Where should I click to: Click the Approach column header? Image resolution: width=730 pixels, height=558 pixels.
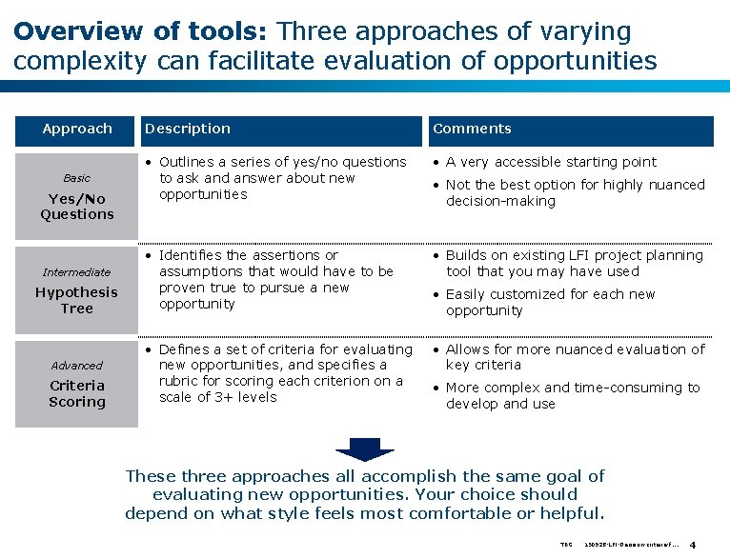click(x=77, y=129)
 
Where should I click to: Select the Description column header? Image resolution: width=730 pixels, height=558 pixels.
click(x=188, y=129)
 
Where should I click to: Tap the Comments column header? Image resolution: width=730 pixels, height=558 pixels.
click(x=472, y=129)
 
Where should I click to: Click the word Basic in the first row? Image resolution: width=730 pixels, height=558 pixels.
click(x=77, y=178)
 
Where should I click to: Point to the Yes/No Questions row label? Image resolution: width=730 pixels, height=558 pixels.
click(x=77, y=207)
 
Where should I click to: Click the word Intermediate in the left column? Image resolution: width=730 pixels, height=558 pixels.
click(x=77, y=272)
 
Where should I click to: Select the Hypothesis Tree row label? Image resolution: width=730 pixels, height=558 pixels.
click(x=77, y=301)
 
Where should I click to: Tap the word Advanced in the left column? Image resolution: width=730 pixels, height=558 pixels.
click(x=77, y=366)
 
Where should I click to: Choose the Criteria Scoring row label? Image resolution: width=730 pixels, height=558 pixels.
click(x=77, y=394)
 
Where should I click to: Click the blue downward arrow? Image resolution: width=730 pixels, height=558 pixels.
click(x=365, y=448)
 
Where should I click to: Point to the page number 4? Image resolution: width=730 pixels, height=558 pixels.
click(x=693, y=546)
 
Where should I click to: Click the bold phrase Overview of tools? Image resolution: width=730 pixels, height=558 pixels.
click(x=143, y=31)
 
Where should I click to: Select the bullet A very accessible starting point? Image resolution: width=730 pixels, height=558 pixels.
click(x=551, y=162)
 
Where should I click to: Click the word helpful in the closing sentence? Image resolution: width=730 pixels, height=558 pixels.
click(x=568, y=514)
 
